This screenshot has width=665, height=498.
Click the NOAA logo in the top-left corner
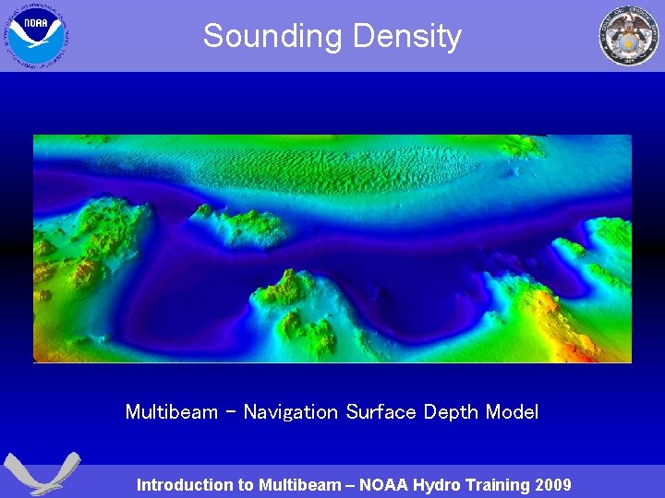pyautogui.click(x=35, y=34)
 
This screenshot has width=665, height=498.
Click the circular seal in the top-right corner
pyautogui.click(x=629, y=35)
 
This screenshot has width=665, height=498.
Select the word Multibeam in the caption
pyautogui.click(x=171, y=412)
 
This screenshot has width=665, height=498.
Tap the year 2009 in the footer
pyautogui.click(x=552, y=485)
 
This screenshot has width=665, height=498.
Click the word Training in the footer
pyautogui.click(x=490, y=485)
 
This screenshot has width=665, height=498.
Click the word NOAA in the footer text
pyautogui.click(x=381, y=485)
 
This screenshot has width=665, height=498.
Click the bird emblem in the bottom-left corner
pyautogui.click(x=42, y=473)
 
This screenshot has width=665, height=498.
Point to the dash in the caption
pyautogui.click(x=231, y=412)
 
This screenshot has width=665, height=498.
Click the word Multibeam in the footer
pyautogui.click(x=299, y=485)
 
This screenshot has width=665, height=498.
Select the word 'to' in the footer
pyautogui.click(x=247, y=485)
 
